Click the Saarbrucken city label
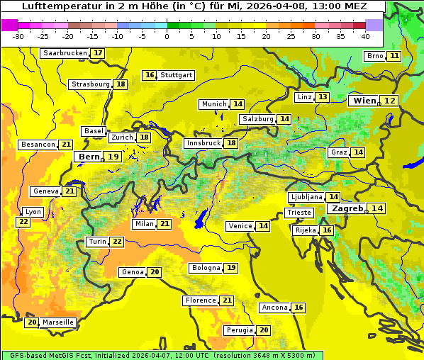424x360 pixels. click(x=65, y=53)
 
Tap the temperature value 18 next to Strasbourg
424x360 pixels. click(x=121, y=84)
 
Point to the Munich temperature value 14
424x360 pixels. click(x=238, y=104)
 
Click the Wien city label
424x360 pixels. click(x=365, y=101)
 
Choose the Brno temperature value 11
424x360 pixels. click(x=394, y=56)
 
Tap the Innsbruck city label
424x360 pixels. click(x=203, y=143)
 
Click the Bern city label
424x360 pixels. click(x=89, y=157)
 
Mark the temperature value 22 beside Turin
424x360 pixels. click(x=116, y=242)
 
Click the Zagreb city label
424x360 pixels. click(x=347, y=208)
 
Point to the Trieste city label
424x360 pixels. click(x=298, y=213)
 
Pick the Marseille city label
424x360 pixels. click(x=58, y=322)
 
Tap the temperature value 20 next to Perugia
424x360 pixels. click(x=264, y=330)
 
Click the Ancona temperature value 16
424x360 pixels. click(x=299, y=308)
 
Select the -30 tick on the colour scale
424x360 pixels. click(x=18, y=35)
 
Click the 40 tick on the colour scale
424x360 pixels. click(x=365, y=35)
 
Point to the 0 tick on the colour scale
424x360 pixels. click(x=167, y=35)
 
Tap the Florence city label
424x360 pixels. click(x=200, y=300)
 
